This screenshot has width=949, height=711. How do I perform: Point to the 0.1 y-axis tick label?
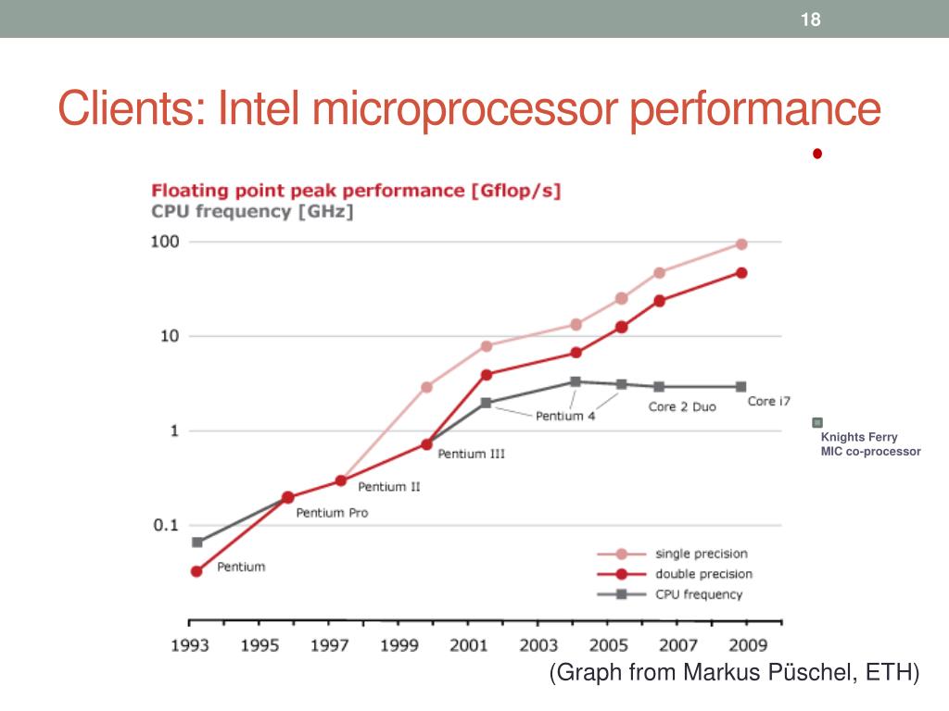coord(166,526)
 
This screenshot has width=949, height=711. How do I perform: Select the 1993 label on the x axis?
coord(189,644)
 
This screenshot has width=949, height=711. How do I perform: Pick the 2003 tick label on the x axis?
coord(538,644)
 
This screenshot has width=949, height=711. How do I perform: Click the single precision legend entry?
coord(701,554)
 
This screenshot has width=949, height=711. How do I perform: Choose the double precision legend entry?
coord(702,574)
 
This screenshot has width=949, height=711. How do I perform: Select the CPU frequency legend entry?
coord(699,594)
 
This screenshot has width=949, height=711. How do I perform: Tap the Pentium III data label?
coord(471,455)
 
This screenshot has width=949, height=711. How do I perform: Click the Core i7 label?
coord(768,402)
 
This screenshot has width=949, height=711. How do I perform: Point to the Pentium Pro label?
coord(331,513)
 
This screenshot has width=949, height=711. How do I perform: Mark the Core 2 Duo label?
coord(681,407)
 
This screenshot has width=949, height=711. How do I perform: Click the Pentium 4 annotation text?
coord(565,417)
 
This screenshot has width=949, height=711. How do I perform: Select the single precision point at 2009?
coord(741,243)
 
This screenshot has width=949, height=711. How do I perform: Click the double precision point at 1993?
coord(196,571)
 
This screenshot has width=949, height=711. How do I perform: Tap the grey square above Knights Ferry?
coord(816,421)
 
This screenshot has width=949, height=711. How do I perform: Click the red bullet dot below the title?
coord(817,154)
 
